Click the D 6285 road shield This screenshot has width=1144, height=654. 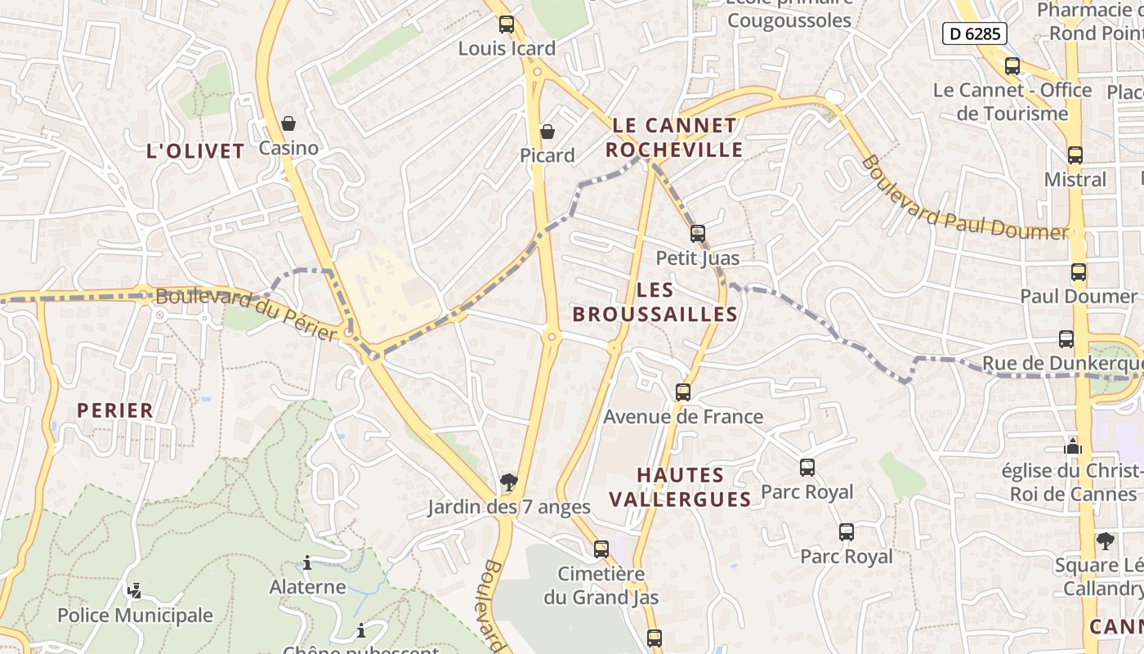[x=974, y=34]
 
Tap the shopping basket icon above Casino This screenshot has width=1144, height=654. [x=288, y=123]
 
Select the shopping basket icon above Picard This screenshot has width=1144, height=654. [x=547, y=132]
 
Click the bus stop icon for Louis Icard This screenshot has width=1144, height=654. [x=507, y=25]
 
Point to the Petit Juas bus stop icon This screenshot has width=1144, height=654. [x=697, y=234]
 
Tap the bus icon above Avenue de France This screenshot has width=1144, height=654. [x=683, y=392]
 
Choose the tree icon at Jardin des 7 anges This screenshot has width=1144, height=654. [x=508, y=482]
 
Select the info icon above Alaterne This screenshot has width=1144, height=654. [x=307, y=562]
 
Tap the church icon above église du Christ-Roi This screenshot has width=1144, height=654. [x=1073, y=446]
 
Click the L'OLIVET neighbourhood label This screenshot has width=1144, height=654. [x=195, y=151]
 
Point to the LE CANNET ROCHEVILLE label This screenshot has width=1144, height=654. [x=675, y=137]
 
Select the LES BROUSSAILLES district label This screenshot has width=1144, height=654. [x=655, y=302]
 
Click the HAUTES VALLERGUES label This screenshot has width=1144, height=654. [x=681, y=487]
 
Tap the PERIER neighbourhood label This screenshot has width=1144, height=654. [x=115, y=410]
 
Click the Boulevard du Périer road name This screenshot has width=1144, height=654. [x=246, y=314]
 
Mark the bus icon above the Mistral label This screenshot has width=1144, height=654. [x=1075, y=155]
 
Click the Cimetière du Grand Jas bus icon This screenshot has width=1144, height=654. [x=601, y=549]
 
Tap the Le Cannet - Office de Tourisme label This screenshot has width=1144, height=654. [x=1012, y=101]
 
